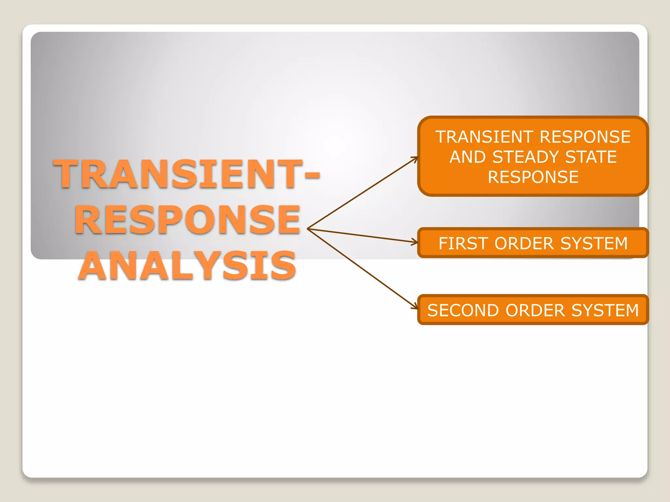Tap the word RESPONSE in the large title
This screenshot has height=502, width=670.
pos(187,220)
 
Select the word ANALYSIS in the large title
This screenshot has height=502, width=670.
pos(187,265)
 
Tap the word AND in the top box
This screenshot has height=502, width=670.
pos(467,157)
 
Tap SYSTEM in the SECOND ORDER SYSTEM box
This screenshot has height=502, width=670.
pos(605,310)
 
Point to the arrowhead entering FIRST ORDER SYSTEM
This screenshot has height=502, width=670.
pos(415,242)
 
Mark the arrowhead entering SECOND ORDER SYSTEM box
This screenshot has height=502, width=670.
pos(416,307)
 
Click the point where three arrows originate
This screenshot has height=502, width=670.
pos(308,229)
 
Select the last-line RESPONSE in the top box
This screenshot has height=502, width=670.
pos(533,177)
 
